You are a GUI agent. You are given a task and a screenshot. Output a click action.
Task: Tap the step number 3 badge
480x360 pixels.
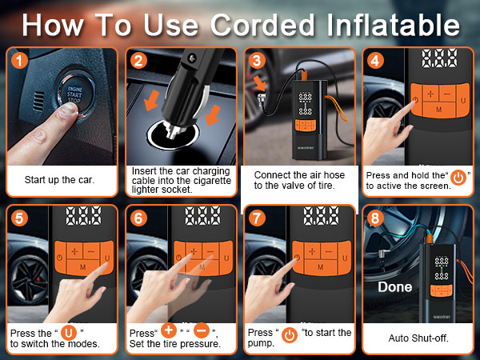point(256,60)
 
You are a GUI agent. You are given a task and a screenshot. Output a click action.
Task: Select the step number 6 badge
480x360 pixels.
point(137,217)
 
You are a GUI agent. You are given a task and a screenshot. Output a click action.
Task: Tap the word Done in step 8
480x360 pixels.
point(394,286)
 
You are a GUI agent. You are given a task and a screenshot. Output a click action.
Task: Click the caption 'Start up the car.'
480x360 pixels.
point(59,179)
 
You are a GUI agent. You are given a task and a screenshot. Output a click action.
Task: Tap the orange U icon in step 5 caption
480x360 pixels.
point(70,332)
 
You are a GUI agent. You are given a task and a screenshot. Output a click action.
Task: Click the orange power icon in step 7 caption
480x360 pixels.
point(289,332)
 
